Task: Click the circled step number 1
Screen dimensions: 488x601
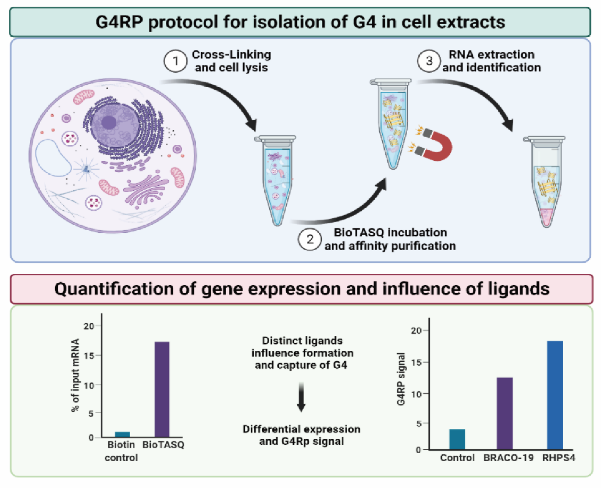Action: click(175, 61)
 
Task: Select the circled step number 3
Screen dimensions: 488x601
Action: click(429, 61)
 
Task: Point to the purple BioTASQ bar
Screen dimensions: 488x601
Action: click(162, 389)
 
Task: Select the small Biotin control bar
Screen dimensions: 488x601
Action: click(122, 434)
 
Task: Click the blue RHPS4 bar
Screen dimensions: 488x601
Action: click(555, 395)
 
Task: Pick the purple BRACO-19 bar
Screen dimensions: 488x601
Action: click(505, 413)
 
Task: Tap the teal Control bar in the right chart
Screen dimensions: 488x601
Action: click(457, 439)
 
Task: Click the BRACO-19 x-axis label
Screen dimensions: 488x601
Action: click(508, 458)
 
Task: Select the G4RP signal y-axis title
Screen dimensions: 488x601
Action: click(401, 379)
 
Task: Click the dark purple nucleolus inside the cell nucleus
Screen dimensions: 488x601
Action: click(109, 122)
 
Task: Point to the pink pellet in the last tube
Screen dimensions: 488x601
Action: click(546, 217)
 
